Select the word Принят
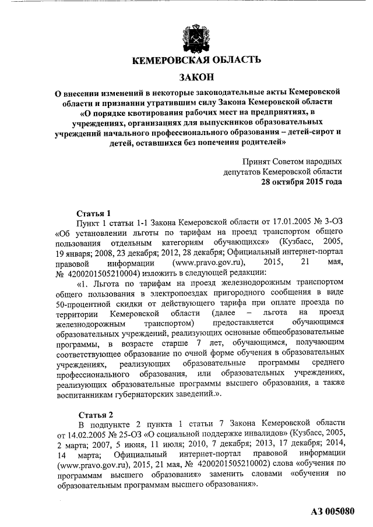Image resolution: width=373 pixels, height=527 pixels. coord(260,161)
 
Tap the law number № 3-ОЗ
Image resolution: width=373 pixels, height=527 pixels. coord(322,224)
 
